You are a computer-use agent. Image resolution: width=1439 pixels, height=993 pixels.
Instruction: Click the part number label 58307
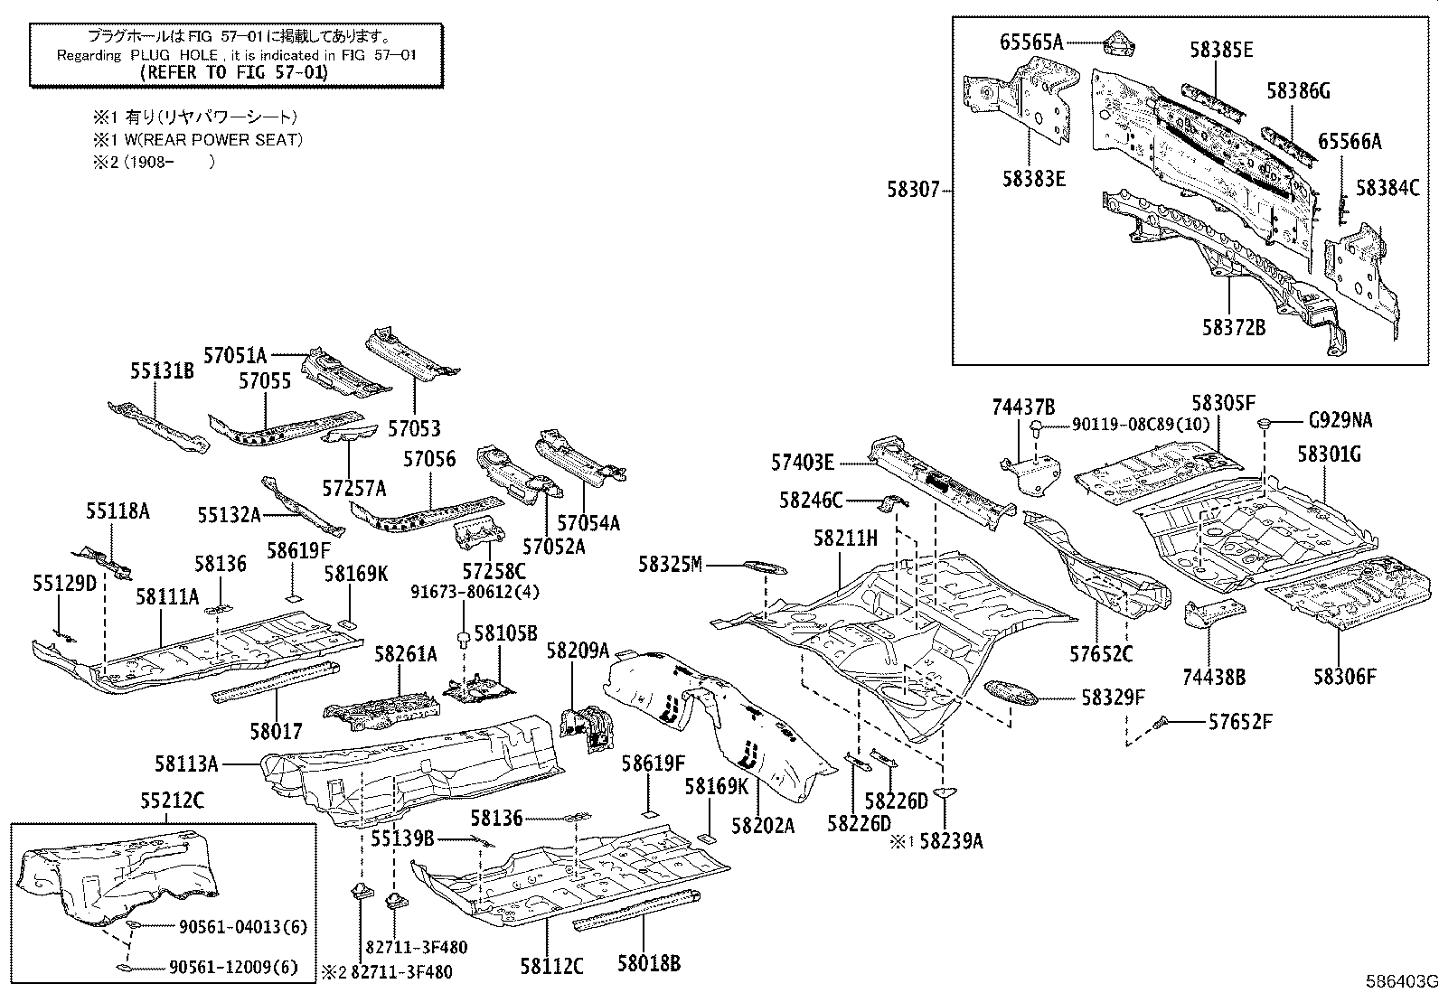(913, 191)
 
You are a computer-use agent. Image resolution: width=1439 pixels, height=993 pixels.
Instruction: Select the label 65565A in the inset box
(1031, 42)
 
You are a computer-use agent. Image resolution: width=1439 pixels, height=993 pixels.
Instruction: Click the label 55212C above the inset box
(172, 800)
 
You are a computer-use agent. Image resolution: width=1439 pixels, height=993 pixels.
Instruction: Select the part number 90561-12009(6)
(233, 968)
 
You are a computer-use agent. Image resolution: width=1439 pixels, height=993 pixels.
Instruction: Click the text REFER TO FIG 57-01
(237, 73)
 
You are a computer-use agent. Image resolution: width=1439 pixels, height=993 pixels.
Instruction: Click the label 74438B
(1213, 675)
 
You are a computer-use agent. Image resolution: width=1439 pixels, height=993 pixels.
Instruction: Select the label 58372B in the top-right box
(1233, 327)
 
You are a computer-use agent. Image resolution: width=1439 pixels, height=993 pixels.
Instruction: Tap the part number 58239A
(952, 841)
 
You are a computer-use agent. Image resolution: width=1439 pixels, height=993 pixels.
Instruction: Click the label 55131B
(162, 370)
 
